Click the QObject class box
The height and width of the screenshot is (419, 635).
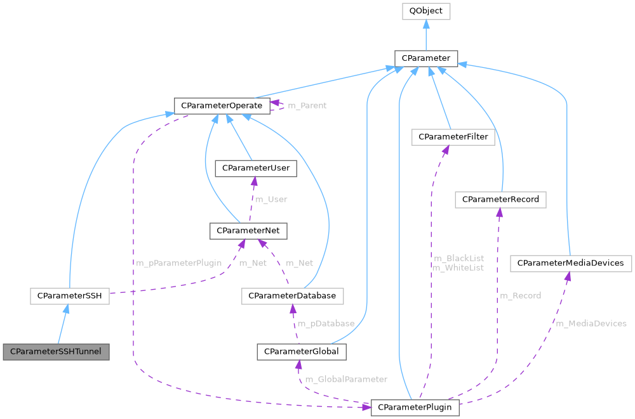(425, 11)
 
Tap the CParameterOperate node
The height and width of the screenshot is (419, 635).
(222, 105)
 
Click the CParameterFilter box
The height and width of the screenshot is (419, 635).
(453, 136)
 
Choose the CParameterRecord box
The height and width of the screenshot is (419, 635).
(500, 200)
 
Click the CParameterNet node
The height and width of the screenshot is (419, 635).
(248, 231)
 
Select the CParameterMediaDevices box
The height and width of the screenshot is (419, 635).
(571, 263)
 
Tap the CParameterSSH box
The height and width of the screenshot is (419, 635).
(70, 295)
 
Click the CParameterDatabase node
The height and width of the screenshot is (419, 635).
(293, 295)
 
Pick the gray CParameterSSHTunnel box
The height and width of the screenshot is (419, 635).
(56, 351)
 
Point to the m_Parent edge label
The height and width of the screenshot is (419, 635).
(307, 105)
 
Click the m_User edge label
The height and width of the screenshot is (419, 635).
(271, 199)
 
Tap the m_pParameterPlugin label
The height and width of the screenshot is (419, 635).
(178, 263)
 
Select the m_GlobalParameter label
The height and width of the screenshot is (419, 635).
(346, 379)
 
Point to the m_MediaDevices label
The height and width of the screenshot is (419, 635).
(591, 323)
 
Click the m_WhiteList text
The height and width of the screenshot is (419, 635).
(458, 268)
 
